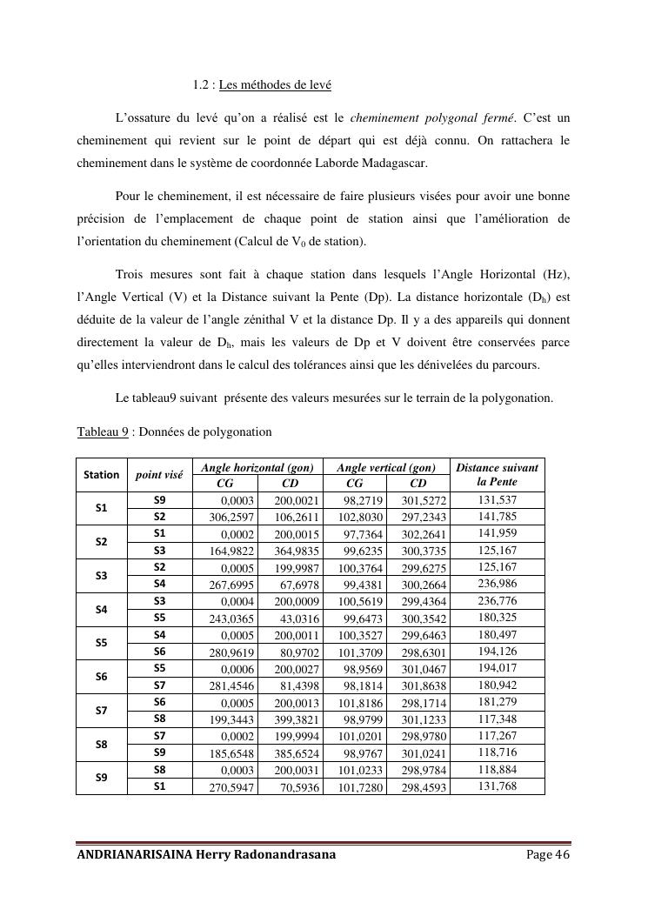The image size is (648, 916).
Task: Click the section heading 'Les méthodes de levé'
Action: click(275, 85)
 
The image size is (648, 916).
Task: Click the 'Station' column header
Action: click(102, 475)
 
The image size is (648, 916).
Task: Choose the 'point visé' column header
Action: click(159, 475)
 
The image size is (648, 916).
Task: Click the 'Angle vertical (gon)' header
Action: click(386, 468)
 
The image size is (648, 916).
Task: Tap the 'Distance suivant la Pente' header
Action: click(497, 474)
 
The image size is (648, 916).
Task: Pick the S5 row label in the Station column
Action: click(102, 643)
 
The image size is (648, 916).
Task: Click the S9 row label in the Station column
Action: click(102, 778)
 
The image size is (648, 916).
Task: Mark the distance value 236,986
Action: click(498, 585)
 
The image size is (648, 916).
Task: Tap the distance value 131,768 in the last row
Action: click(498, 787)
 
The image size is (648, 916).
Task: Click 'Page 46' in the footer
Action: click(548, 855)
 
